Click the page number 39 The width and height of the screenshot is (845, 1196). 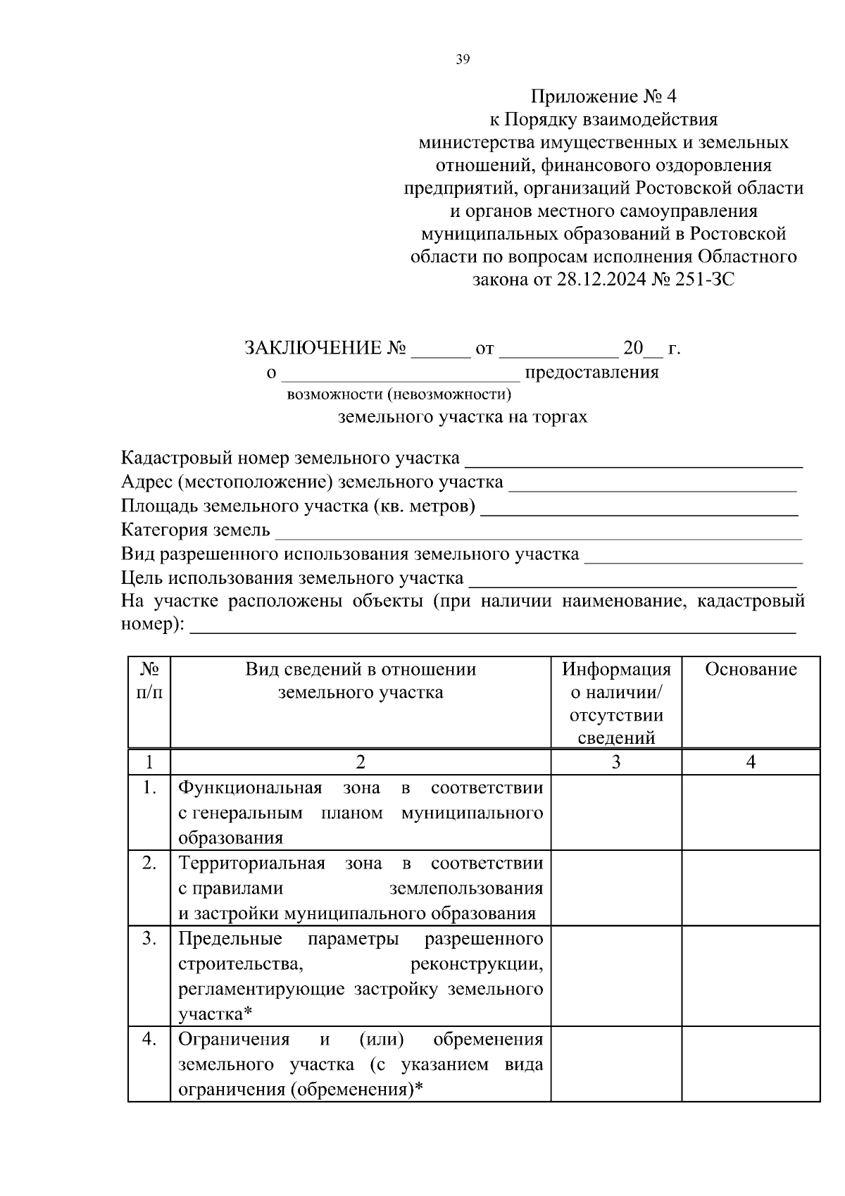(x=463, y=60)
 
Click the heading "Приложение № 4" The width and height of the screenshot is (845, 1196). (x=603, y=96)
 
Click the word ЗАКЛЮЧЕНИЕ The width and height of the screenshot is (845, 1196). (x=312, y=349)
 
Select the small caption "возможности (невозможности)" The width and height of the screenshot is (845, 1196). (x=399, y=394)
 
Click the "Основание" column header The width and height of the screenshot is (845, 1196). (x=751, y=670)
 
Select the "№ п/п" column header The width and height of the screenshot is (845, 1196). (x=149, y=681)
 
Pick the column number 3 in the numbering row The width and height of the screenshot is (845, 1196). (x=616, y=762)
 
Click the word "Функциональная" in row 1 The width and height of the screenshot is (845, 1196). (x=250, y=787)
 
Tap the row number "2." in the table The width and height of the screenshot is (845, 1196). (x=149, y=863)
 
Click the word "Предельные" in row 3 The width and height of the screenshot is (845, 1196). (x=230, y=939)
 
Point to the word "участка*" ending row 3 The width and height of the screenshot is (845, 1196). (x=215, y=1014)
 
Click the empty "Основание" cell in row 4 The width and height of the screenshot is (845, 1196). (x=751, y=1064)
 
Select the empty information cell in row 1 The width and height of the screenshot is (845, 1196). (x=616, y=812)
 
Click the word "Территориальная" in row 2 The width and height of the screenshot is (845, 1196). (x=251, y=864)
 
